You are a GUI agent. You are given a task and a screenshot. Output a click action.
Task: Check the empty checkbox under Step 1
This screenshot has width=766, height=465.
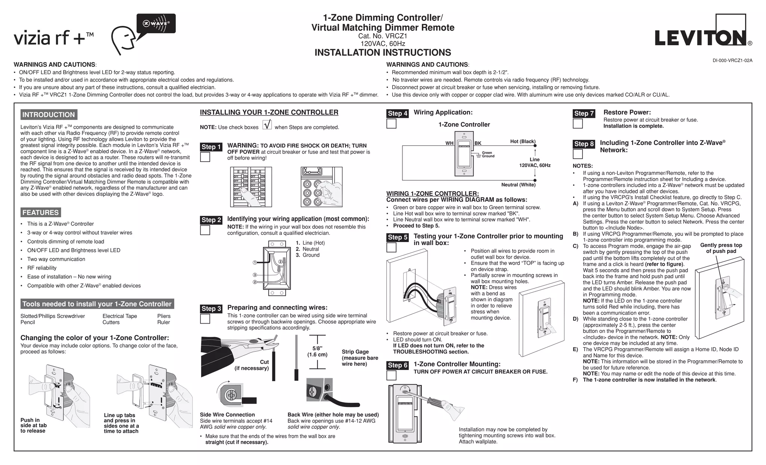point(205,157)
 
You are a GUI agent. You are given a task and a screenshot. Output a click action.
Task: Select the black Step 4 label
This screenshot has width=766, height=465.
point(398,113)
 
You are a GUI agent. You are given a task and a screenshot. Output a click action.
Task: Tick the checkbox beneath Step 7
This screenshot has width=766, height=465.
point(578,123)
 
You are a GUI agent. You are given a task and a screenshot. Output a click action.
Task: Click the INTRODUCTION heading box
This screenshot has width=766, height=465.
point(49,115)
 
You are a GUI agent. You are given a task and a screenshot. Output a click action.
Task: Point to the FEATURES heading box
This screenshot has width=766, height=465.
point(40,212)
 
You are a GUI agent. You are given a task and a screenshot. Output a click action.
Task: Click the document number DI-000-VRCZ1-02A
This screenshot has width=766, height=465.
point(732,61)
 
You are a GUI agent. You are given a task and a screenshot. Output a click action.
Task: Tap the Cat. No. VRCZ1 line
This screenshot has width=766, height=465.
point(383,36)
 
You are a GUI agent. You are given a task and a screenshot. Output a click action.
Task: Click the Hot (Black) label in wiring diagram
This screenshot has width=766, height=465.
point(523,141)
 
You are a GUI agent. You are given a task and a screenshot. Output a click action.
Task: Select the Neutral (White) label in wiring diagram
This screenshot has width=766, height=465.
point(518,185)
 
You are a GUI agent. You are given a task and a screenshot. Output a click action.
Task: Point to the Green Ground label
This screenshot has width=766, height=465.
point(488,155)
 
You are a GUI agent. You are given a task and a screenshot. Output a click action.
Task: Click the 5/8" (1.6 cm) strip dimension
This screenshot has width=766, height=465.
point(317,352)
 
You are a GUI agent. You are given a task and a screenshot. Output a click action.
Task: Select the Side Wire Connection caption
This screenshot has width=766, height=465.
point(227,414)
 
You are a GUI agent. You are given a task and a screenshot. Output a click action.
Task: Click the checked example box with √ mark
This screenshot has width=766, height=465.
point(267,125)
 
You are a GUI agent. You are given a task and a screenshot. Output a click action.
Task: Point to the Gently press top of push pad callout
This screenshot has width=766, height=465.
point(721,248)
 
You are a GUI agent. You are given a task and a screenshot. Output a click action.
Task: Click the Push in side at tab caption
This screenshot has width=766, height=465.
point(34,425)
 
